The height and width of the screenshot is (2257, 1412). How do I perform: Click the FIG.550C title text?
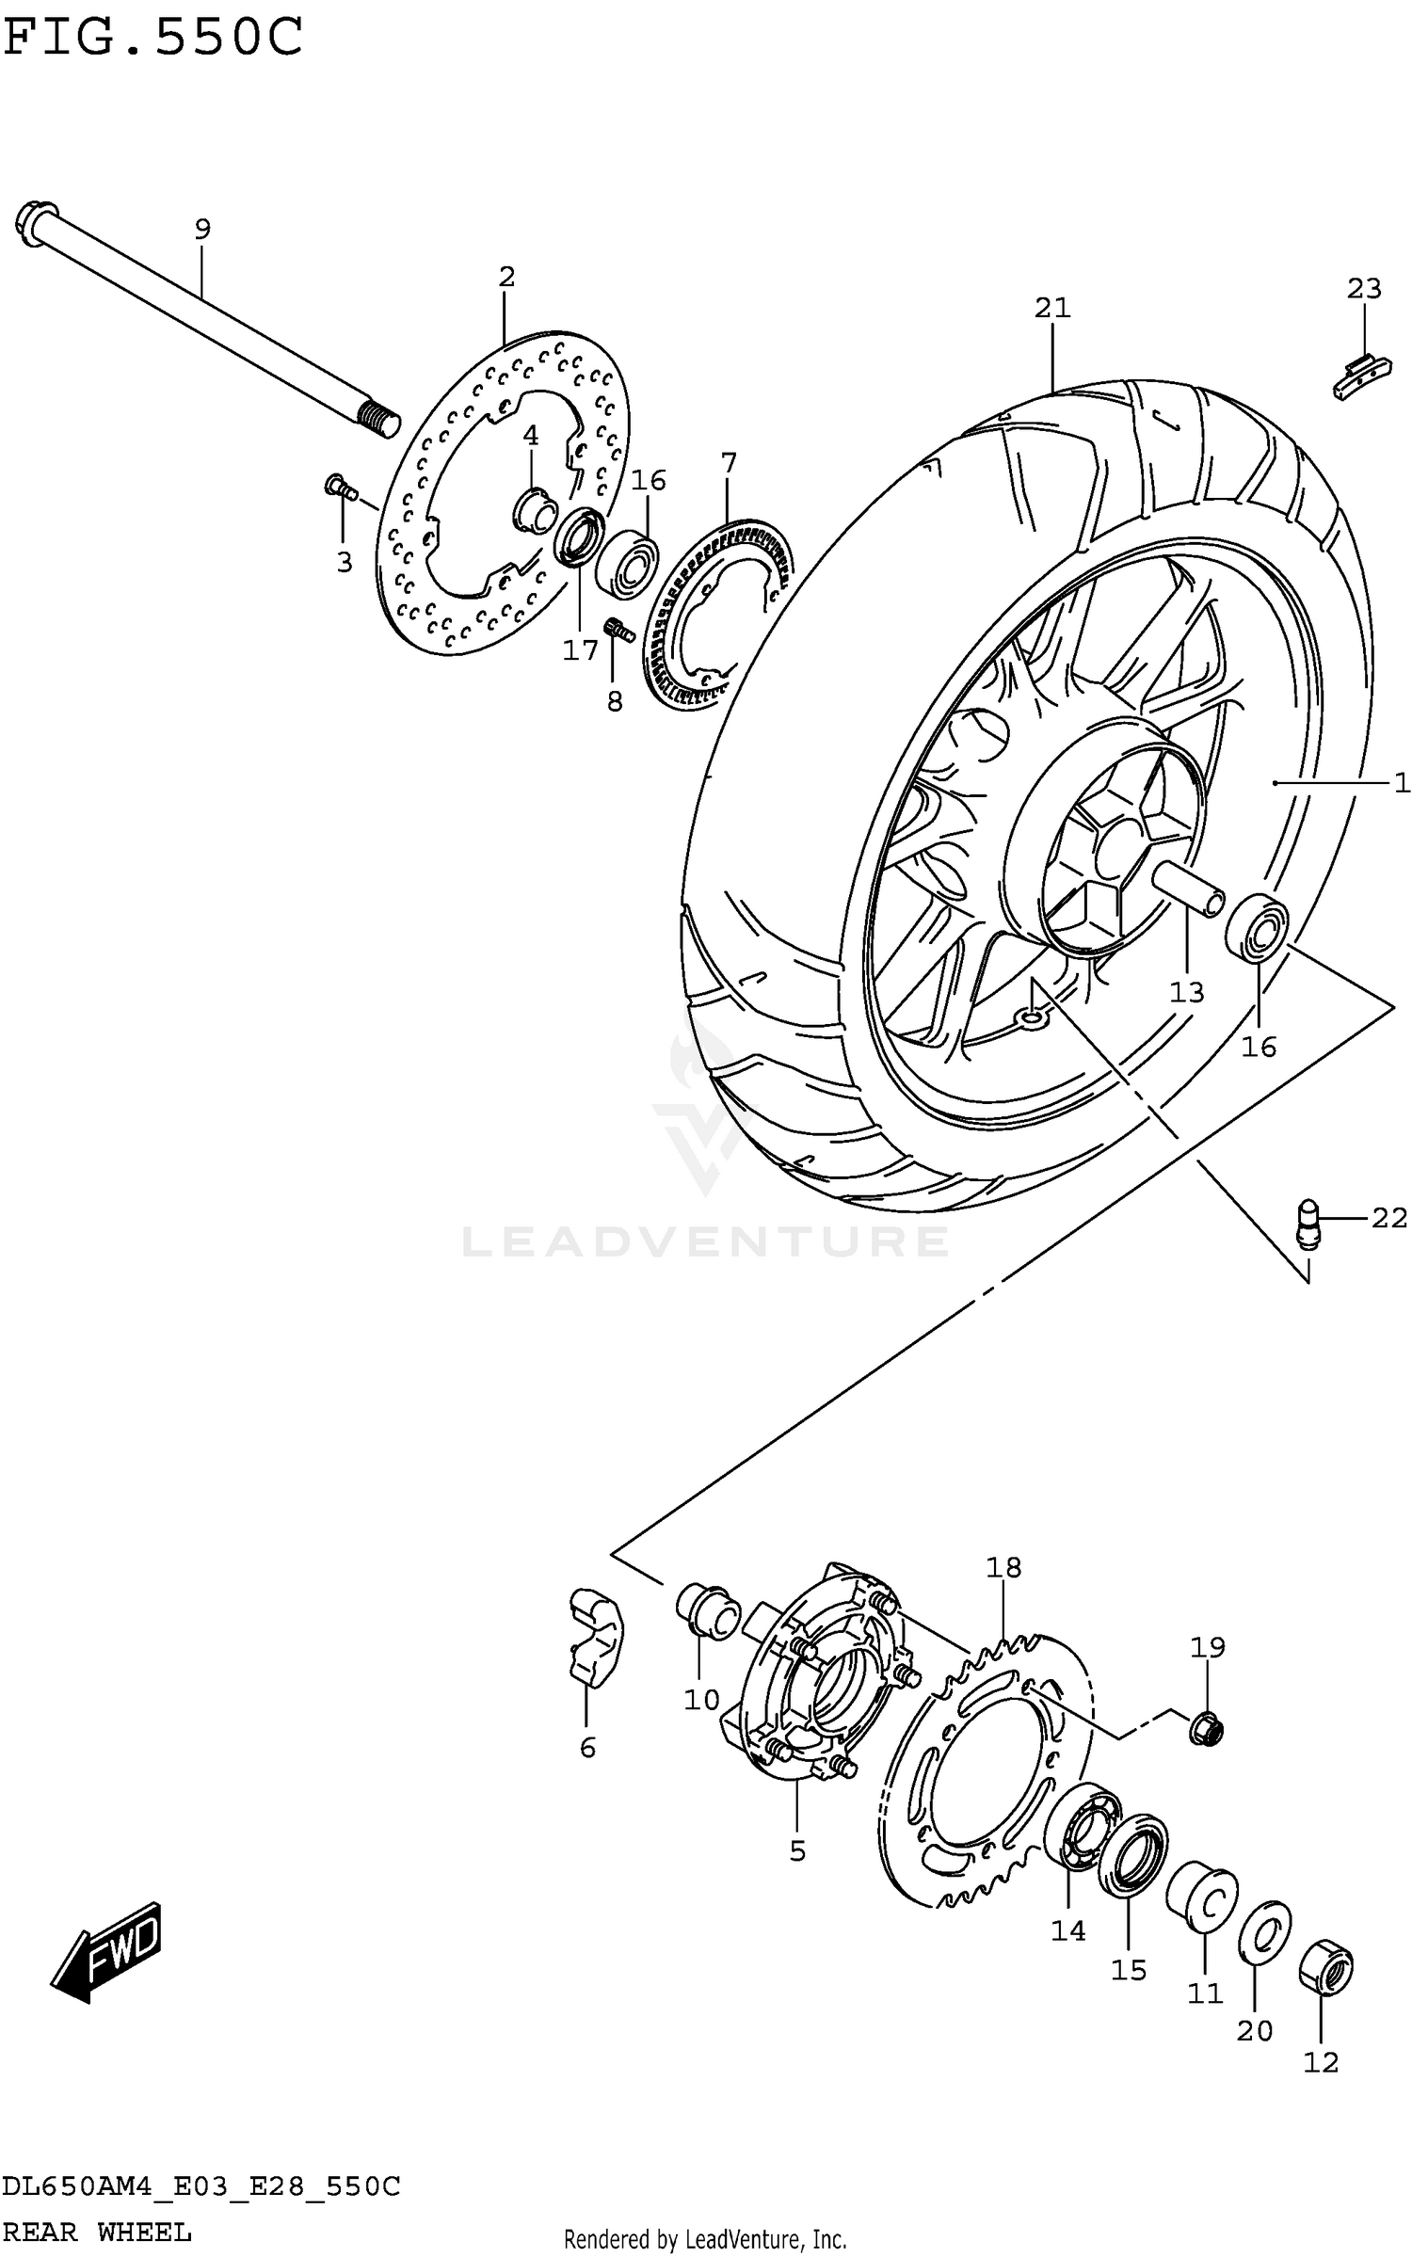click(x=153, y=38)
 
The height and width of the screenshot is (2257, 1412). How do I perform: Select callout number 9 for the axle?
click(x=202, y=229)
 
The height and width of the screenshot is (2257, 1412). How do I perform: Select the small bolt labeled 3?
click(x=339, y=487)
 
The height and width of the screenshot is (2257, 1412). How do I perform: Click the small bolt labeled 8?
click(x=618, y=628)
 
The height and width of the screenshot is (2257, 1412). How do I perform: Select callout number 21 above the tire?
click(x=1052, y=308)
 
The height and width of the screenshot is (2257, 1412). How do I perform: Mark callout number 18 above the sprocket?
click(x=1003, y=1567)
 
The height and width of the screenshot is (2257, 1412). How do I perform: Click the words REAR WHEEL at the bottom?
click(x=97, y=2232)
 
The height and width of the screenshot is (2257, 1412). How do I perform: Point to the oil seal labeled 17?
click(x=577, y=538)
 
